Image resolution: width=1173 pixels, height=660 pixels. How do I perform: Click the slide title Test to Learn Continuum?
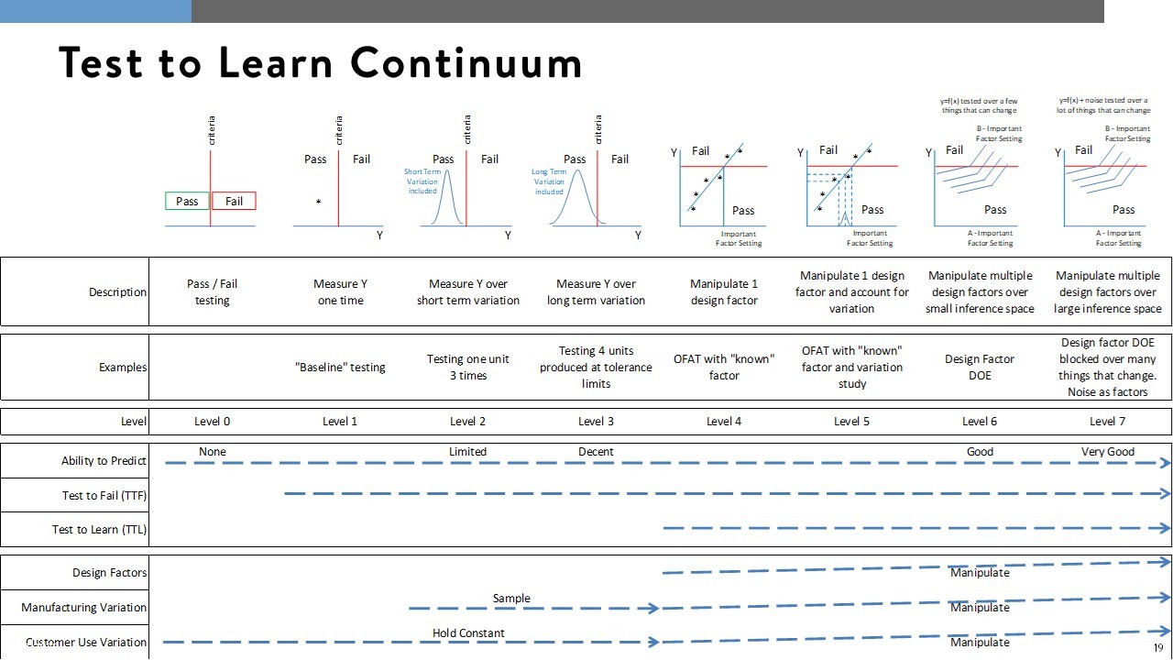320,63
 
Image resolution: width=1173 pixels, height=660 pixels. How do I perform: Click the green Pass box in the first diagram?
188,202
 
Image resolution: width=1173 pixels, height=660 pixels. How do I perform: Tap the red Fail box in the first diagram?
234,202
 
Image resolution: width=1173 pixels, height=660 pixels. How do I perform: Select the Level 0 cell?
213,422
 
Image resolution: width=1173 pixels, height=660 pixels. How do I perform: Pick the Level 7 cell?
1108,422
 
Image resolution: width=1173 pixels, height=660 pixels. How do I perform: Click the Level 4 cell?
724,422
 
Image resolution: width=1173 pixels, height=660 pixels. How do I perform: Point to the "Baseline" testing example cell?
340,368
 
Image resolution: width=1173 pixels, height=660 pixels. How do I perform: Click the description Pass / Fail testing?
213,292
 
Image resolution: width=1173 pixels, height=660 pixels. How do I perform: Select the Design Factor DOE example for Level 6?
980,368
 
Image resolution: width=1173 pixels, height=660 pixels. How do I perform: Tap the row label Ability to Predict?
104,461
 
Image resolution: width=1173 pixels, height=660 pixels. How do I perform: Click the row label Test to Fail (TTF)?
104,496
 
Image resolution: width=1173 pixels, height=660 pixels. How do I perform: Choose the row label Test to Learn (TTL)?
99,530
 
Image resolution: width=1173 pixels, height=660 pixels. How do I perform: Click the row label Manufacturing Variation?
84,608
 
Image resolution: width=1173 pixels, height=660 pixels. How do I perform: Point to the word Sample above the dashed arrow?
511,599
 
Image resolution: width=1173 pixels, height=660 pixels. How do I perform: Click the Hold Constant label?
468,633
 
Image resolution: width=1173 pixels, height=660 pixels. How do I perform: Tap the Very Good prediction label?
1108,452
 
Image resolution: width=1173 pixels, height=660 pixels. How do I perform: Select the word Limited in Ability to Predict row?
467,452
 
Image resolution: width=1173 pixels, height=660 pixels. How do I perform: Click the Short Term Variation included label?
422,181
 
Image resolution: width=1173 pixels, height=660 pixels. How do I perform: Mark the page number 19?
1158,648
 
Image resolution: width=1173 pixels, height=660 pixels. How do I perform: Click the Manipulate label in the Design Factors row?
980,573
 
